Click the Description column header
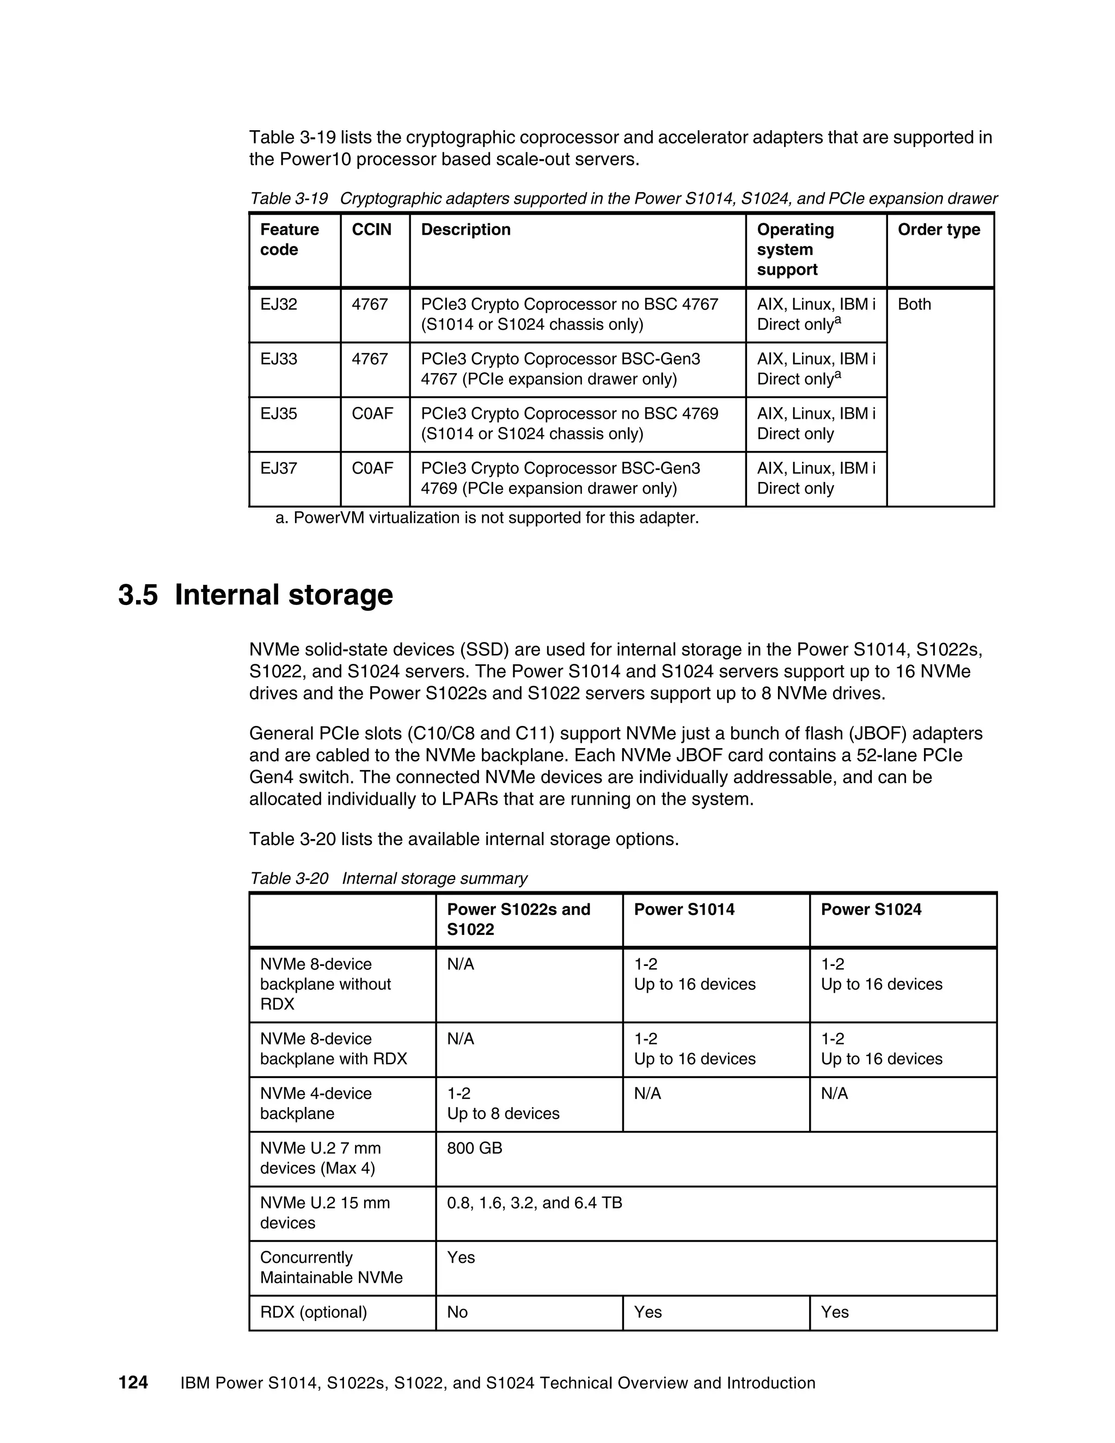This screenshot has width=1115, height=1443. pyautogui.click(x=465, y=230)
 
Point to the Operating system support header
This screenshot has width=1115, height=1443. pyautogui.click(x=795, y=250)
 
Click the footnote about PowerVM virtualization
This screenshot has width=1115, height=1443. pyautogui.click(x=487, y=518)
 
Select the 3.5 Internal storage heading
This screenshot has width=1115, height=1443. pyautogui.click(x=256, y=595)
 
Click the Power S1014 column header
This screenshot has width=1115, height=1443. pyautogui.click(x=684, y=910)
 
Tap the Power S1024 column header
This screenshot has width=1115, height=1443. pyautogui.click(x=871, y=910)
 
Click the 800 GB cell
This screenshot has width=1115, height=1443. pyautogui.click(x=474, y=1148)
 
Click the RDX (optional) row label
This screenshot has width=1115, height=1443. pyautogui.click(x=313, y=1312)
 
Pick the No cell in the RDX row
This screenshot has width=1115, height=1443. pyautogui.click(x=457, y=1312)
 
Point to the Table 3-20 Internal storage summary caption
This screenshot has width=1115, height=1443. pyautogui.click(x=388, y=879)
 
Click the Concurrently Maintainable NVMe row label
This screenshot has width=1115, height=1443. pyautogui.click(x=331, y=1267)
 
